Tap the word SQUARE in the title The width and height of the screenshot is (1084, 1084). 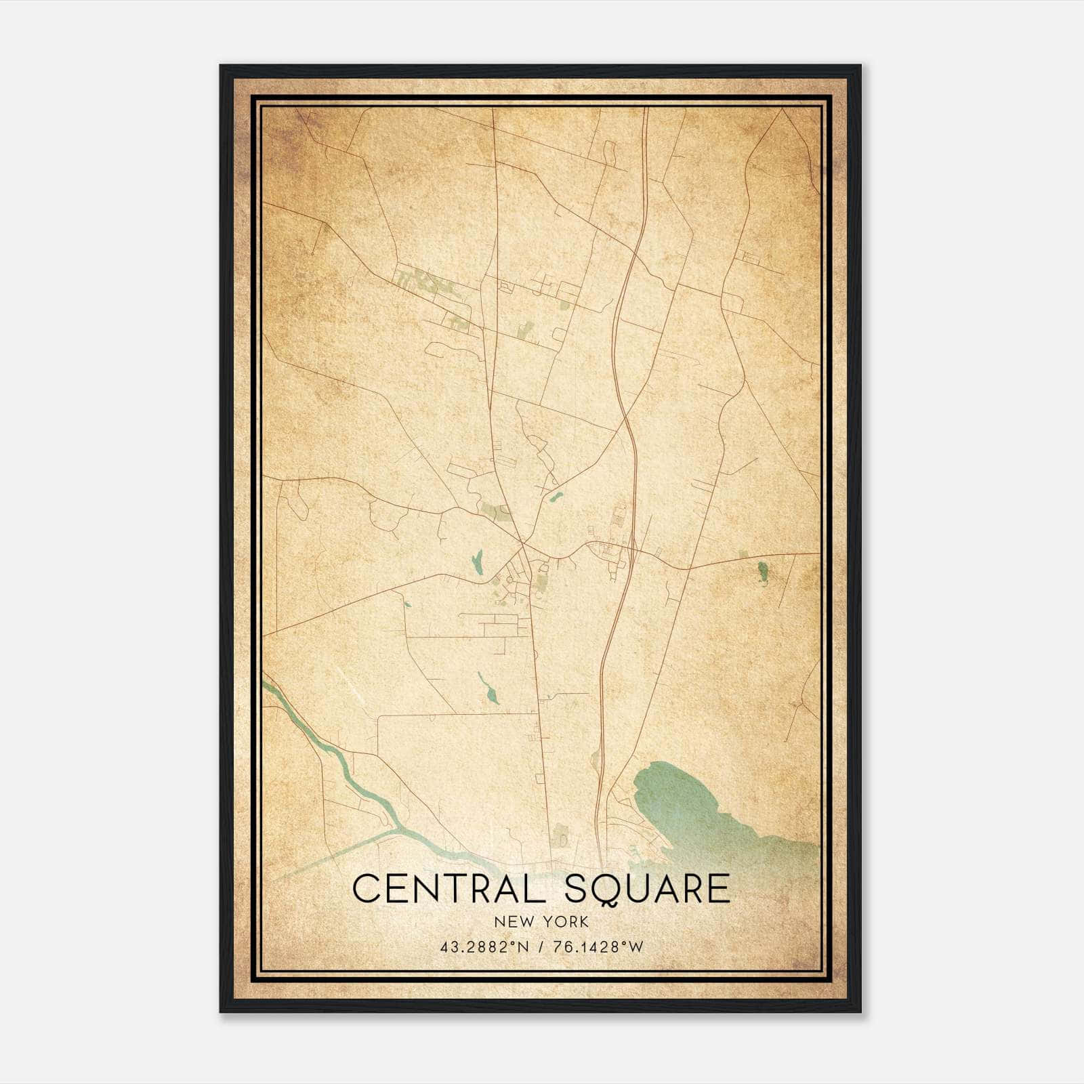point(647,888)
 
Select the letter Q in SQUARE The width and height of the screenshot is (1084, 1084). point(607,890)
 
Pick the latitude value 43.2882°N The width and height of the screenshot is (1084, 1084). point(482,946)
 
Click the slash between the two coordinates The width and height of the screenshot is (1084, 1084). point(541,946)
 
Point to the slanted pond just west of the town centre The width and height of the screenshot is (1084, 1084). point(477,560)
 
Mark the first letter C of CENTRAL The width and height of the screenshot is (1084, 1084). point(366,888)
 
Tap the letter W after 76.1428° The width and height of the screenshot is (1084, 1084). point(635,946)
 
